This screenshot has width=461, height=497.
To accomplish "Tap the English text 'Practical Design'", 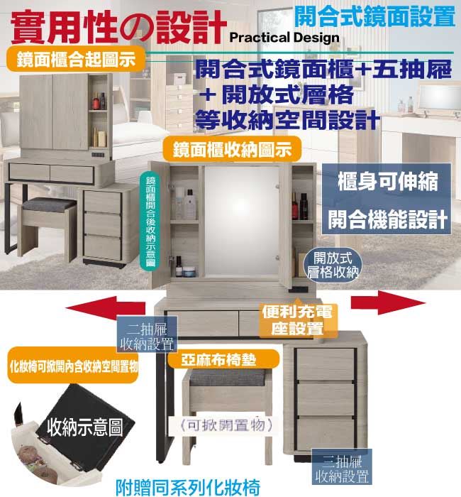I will pos(284,37).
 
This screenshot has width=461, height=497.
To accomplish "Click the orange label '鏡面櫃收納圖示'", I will pos(226,150).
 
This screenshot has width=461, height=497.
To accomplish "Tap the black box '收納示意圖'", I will pos(84,426).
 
